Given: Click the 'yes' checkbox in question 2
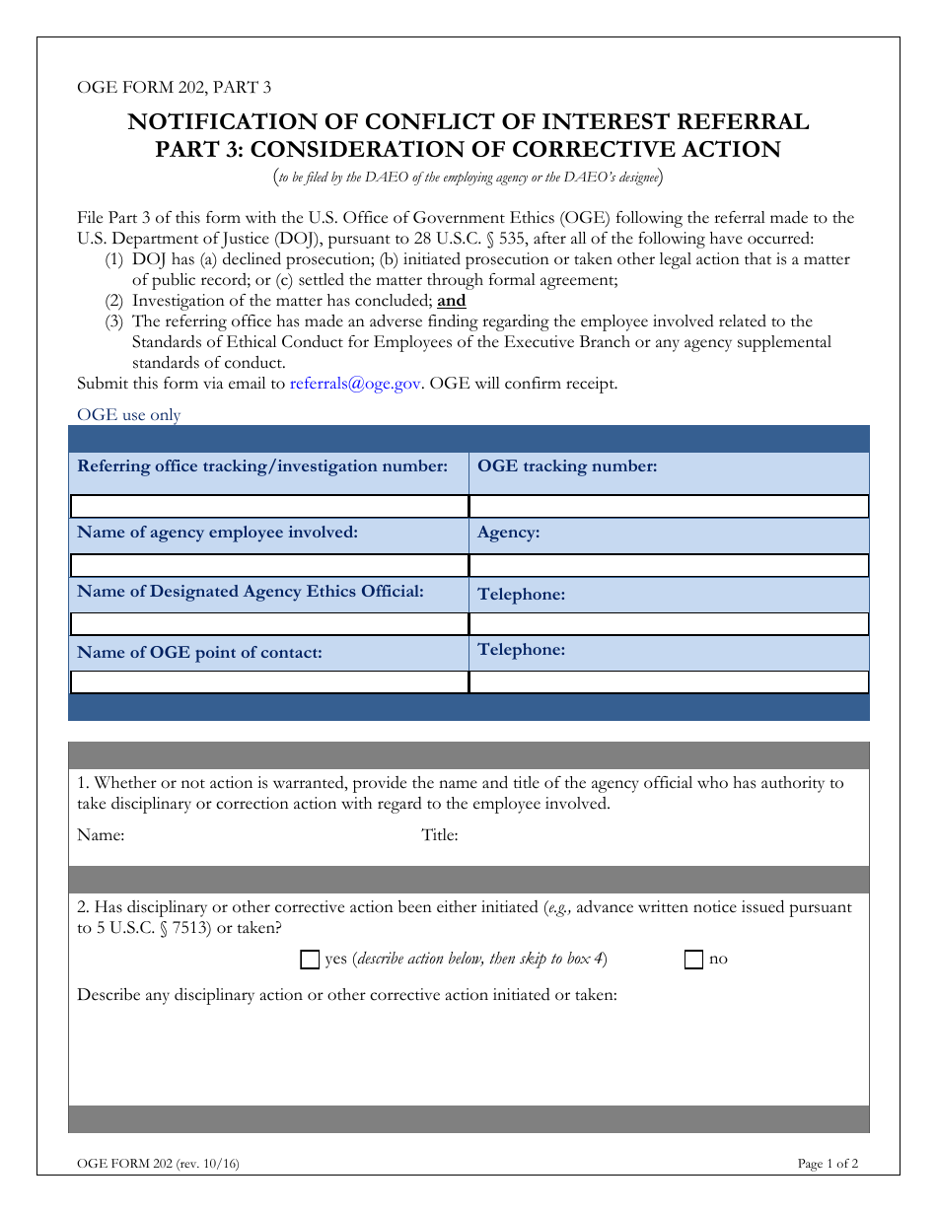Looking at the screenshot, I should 310,959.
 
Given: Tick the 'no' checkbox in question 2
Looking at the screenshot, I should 693,959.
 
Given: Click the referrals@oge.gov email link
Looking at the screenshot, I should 355,384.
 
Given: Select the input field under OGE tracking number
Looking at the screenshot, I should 669,506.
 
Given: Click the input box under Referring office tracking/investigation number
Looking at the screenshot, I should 268,506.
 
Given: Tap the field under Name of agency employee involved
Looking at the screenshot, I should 268,565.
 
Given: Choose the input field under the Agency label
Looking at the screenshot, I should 669,565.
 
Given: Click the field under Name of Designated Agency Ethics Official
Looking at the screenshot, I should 268,624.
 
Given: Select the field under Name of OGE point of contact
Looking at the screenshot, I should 268,682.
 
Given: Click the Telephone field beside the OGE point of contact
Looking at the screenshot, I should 669,682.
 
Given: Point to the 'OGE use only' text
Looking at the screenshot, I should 129,415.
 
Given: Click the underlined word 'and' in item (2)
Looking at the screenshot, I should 452,301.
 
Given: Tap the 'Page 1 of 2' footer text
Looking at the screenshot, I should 828,1164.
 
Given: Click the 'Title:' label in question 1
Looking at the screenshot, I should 440,835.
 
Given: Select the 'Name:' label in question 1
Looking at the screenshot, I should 101,835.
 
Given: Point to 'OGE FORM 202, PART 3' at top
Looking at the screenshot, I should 175,87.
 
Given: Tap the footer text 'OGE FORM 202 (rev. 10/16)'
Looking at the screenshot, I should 158,1164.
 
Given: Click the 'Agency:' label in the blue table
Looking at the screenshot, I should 508,533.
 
